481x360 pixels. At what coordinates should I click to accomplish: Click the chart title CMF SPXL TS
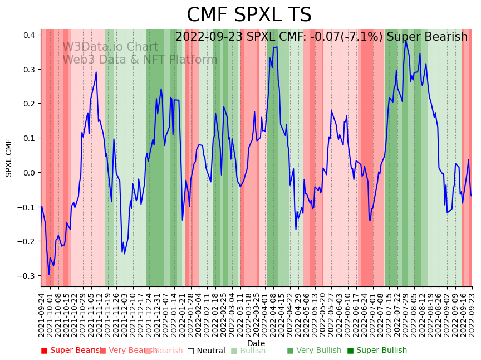(249, 15)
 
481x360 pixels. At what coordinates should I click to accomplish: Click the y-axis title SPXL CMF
(9, 158)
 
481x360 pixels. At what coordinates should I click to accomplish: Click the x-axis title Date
(256, 343)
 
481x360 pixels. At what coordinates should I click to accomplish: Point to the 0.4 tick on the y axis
(29, 35)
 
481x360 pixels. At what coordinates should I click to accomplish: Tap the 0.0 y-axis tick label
(29, 173)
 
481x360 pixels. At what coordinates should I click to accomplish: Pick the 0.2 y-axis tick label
(29, 104)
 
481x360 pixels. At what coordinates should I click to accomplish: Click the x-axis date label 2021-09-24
(42, 315)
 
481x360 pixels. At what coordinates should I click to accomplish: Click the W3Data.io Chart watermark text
(110, 47)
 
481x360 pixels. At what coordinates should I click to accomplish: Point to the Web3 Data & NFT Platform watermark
(140, 60)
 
